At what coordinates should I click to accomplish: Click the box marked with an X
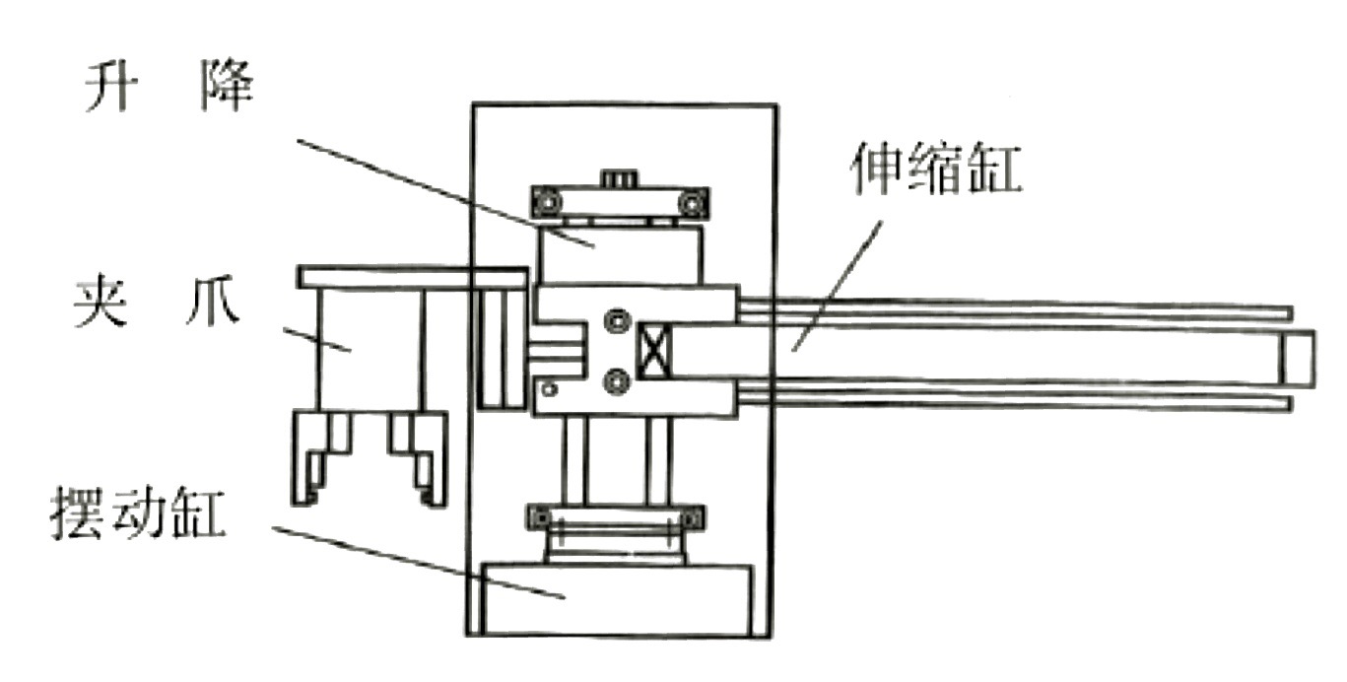click(652, 352)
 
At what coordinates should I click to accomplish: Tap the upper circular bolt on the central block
click(618, 321)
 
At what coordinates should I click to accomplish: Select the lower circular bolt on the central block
click(618, 378)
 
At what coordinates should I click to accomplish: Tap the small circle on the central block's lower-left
click(550, 390)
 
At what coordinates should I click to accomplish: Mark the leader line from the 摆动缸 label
click(414, 559)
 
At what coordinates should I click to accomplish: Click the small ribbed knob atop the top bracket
click(618, 178)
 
